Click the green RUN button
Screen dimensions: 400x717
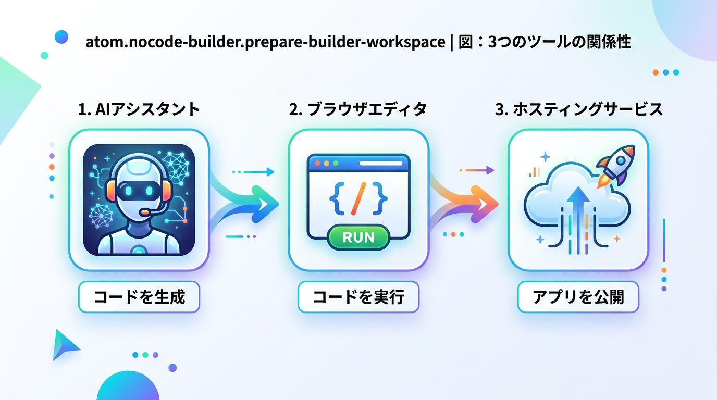coord(358,238)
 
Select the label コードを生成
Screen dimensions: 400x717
coord(139,297)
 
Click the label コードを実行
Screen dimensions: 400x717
coord(358,297)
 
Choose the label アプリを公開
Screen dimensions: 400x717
coord(578,297)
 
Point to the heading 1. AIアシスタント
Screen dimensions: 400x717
coord(139,109)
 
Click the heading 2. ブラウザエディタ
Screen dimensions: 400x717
coord(358,109)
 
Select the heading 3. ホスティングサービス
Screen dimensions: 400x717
coord(578,109)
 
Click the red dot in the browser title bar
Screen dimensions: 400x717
coord(317,163)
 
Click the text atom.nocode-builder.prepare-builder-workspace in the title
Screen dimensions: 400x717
coord(265,42)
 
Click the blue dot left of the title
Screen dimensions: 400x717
coord(61,36)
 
